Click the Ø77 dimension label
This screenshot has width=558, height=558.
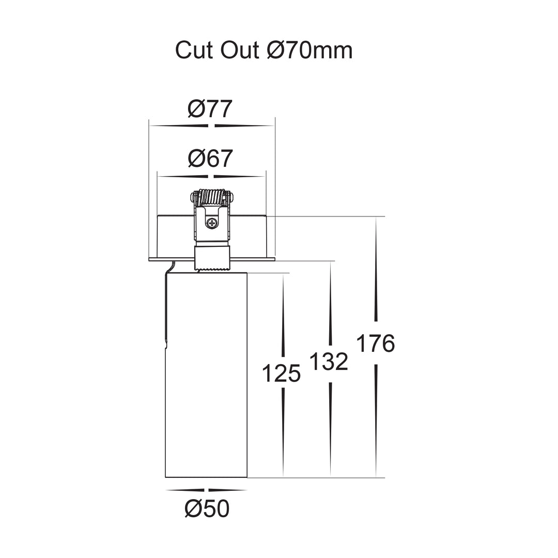[210, 109]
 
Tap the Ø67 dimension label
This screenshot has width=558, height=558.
[210, 158]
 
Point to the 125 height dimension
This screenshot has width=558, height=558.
[282, 374]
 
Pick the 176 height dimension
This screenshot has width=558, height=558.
[376, 343]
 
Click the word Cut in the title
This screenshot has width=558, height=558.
[194, 50]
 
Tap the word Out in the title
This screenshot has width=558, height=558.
[240, 50]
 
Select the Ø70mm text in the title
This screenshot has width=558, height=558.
[309, 50]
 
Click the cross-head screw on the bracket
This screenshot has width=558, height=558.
[212, 224]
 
